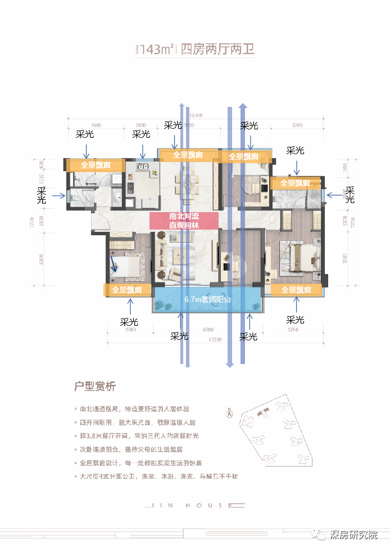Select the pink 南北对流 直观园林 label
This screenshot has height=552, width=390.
click(x=184, y=220)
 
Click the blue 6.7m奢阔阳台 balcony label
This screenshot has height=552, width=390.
click(x=207, y=300)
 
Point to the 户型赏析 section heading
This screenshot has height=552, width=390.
click(x=95, y=387)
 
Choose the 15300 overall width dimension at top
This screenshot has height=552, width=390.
click(x=195, y=115)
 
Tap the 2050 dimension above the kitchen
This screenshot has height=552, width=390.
click(x=140, y=124)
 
